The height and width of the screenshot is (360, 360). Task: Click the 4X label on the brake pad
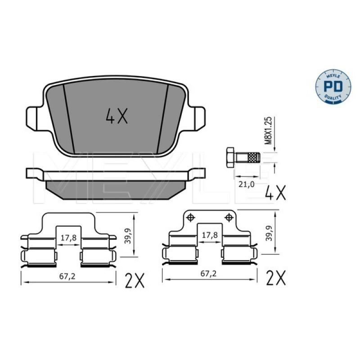[x=117, y=117]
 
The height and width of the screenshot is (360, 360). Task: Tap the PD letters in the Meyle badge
[x=333, y=86]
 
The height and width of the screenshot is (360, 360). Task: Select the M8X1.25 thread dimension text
[x=268, y=130]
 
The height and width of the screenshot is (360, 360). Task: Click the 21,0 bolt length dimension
[x=247, y=184]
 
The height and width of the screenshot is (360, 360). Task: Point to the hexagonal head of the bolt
[x=230, y=157]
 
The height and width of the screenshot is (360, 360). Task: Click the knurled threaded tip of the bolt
[x=254, y=157]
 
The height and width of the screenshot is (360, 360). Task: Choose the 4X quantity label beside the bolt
[x=275, y=192]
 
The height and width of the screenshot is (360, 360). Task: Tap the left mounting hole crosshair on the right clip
[x=190, y=217]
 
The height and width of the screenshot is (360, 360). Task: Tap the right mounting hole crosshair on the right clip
[x=229, y=217]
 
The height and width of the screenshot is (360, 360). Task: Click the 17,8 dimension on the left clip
[x=68, y=238]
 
